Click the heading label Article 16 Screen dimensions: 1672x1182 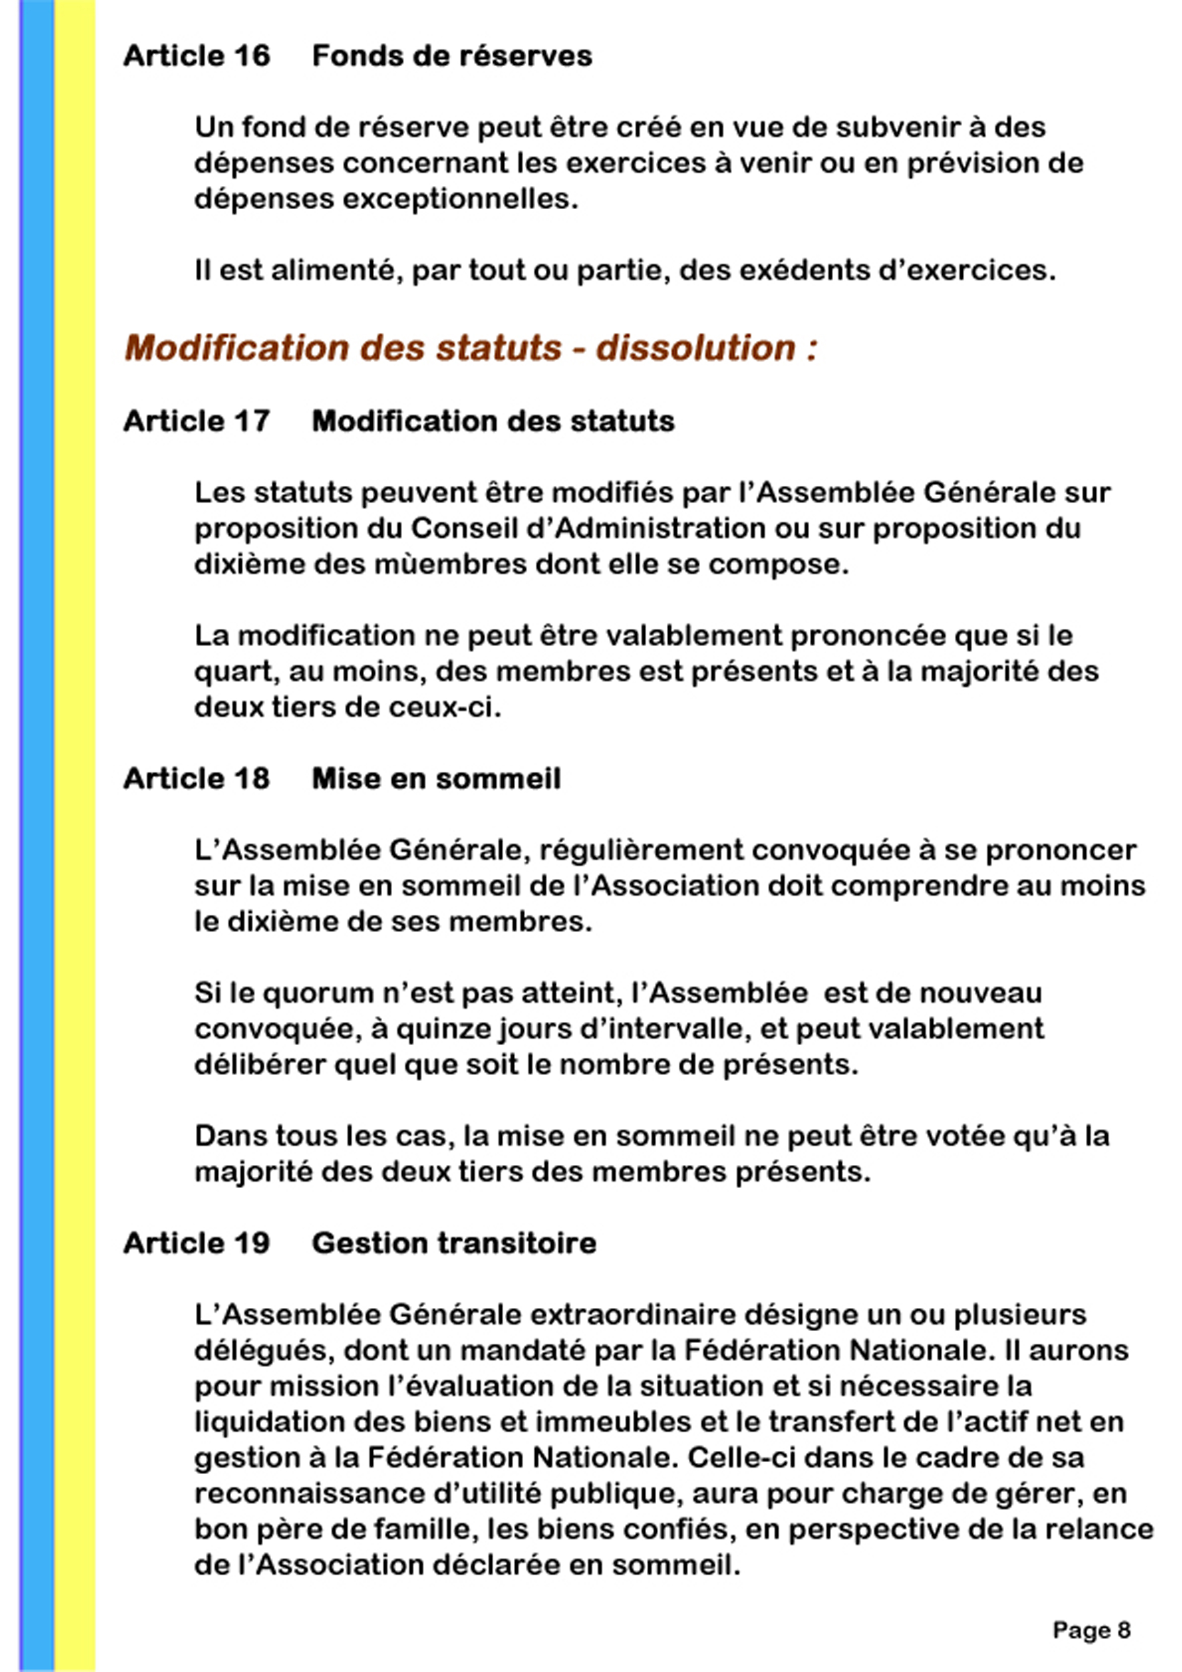197,56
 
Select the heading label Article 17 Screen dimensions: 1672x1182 197,421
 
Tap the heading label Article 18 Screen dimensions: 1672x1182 197,778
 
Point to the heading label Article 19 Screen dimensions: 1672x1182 197,1243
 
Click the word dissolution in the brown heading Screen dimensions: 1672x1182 695,348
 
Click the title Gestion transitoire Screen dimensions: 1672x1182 454,1243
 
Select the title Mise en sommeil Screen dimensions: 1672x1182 436,778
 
